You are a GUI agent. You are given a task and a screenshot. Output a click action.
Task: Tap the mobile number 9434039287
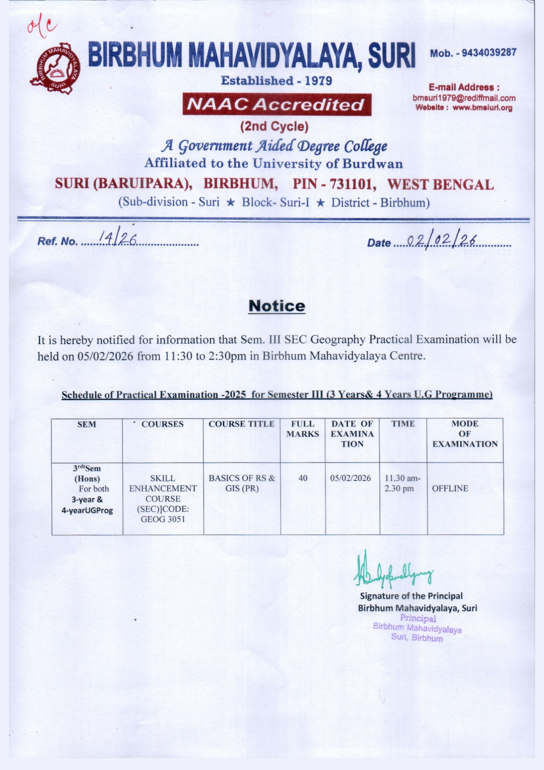tap(489, 53)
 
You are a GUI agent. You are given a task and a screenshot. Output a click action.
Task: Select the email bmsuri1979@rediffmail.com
tap(464, 98)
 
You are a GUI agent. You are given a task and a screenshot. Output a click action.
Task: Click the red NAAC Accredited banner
tap(277, 104)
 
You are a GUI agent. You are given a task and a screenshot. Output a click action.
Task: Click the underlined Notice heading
tap(277, 306)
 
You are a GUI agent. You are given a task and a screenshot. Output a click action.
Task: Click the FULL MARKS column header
tap(303, 429)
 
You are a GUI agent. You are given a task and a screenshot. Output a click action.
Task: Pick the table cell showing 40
tap(303, 478)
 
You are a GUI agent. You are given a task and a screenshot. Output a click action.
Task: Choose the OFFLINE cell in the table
tap(450, 488)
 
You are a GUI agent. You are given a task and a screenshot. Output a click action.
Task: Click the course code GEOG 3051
tap(163, 519)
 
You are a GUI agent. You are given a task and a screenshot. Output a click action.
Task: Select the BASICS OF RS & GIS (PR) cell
tap(242, 483)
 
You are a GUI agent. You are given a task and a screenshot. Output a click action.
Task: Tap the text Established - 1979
tap(276, 81)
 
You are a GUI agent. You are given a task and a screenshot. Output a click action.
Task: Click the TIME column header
tap(403, 424)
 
